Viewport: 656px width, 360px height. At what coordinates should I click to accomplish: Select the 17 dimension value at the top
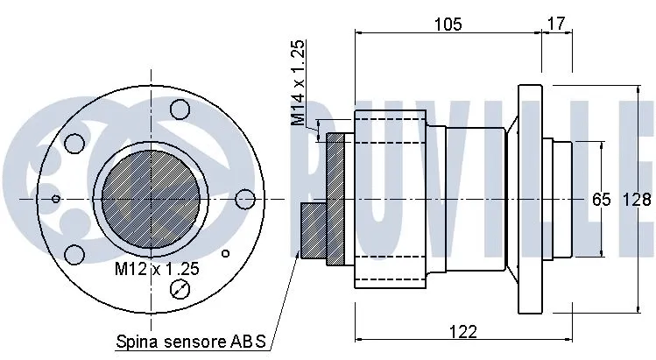tap(555, 23)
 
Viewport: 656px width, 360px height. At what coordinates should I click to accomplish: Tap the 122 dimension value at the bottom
tap(462, 331)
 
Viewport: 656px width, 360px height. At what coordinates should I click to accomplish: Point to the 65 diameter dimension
tap(601, 200)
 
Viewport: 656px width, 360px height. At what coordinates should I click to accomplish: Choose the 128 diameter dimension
tap(637, 200)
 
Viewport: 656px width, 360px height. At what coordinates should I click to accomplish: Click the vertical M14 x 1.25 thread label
tap(298, 83)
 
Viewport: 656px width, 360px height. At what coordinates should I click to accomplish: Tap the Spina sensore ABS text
tap(190, 340)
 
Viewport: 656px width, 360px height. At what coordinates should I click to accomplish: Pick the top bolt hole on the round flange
tap(180, 109)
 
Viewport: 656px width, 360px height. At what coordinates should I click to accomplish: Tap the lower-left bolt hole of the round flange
tap(74, 254)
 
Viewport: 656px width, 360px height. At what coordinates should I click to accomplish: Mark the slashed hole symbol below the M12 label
tap(180, 291)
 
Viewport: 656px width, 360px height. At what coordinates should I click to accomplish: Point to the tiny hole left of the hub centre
tap(56, 199)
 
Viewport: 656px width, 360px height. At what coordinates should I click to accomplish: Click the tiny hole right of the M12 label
tap(225, 255)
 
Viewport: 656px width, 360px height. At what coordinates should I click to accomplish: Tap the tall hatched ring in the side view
tap(337, 200)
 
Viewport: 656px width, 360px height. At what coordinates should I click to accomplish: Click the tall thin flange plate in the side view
tap(530, 200)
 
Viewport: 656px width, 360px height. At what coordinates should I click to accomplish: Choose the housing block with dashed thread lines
tap(390, 200)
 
